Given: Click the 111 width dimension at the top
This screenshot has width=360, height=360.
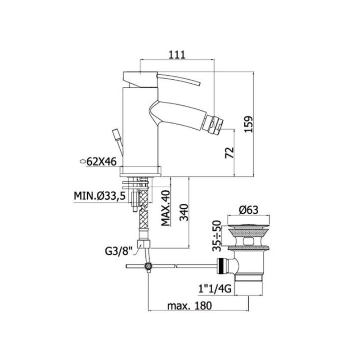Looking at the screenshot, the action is (177, 55).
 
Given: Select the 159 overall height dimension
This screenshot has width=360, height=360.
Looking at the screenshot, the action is (248, 124).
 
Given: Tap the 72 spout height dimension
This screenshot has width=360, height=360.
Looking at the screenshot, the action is (229, 153).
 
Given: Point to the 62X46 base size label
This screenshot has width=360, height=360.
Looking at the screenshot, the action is (102, 162).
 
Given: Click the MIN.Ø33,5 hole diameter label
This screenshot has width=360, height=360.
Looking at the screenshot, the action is (99, 196).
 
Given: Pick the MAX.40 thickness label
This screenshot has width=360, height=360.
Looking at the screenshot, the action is (166, 208).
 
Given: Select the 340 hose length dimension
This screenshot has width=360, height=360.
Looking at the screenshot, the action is (184, 212).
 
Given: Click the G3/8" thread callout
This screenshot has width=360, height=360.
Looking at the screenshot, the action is (119, 251).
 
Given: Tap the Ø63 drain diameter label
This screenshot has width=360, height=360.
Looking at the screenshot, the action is (248, 210).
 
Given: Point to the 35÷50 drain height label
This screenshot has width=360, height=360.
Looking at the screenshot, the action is (216, 235).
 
